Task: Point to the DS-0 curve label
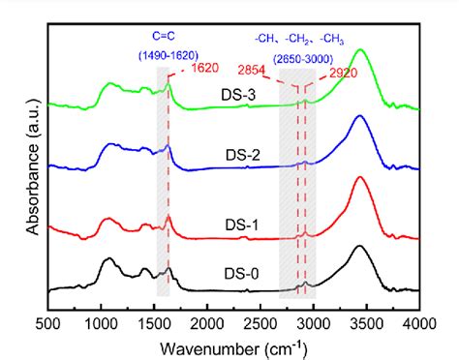(241, 274)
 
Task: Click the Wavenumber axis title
(232, 344)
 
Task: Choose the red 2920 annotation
(339, 71)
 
